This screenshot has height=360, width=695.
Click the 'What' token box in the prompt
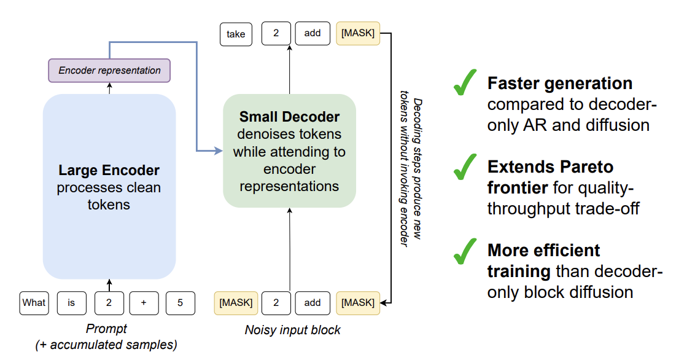point(34,303)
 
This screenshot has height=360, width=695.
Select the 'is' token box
point(72,303)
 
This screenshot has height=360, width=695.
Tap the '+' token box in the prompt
point(143,303)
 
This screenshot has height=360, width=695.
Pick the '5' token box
point(181,303)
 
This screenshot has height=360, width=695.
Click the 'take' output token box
point(235,34)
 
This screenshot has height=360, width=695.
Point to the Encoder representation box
point(109,71)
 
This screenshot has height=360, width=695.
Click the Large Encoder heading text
point(109,170)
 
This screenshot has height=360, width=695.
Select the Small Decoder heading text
point(289,117)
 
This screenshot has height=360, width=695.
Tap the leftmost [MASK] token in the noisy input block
point(236,303)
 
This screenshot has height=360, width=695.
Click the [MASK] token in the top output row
point(358,33)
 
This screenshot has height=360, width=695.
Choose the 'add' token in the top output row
point(313,33)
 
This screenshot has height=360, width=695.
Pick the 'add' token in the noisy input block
point(313,303)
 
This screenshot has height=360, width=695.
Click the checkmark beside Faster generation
point(465,84)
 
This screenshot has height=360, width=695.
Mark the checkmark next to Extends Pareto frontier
point(465,167)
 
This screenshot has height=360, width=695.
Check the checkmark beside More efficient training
point(465,251)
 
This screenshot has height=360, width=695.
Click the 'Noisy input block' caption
point(292,330)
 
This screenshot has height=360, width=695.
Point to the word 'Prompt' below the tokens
point(106,329)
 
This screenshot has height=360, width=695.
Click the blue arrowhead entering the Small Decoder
point(218,151)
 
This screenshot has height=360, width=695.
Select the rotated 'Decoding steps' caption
point(410,172)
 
